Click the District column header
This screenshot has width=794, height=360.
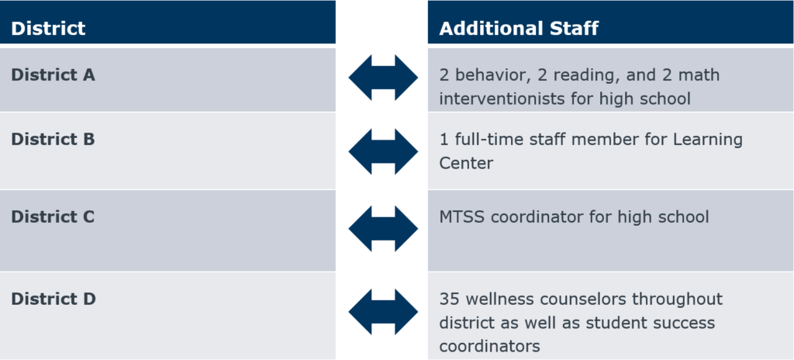[x=48, y=29]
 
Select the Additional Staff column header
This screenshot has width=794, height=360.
[x=519, y=29]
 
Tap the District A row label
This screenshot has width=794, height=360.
[x=53, y=75]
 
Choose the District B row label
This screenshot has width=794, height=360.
[x=53, y=140]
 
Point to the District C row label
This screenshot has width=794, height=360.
[x=53, y=216]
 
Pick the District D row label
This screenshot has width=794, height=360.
[x=53, y=299]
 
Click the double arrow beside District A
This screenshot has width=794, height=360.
[x=383, y=78]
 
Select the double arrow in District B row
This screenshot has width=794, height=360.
[x=383, y=151]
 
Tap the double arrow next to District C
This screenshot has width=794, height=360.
[x=383, y=229]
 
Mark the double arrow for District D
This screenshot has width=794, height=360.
[x=383, y=312]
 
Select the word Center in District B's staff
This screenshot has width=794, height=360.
[x=466, y=164]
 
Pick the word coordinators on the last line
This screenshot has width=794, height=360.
[x=489, y=344]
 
